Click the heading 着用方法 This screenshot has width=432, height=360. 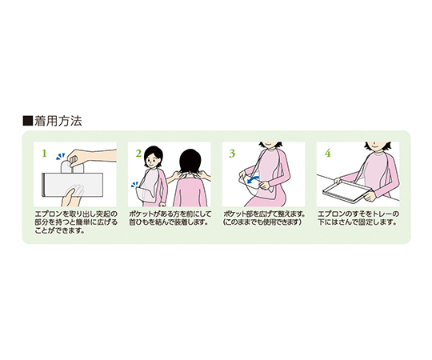click(58, 122)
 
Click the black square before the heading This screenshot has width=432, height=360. click(28, 122)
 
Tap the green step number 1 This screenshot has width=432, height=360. click(45, 151)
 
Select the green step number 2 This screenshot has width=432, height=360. click(138, 151)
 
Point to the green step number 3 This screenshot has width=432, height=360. click(232, 151)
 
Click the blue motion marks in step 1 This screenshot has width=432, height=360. click(60, 159)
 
